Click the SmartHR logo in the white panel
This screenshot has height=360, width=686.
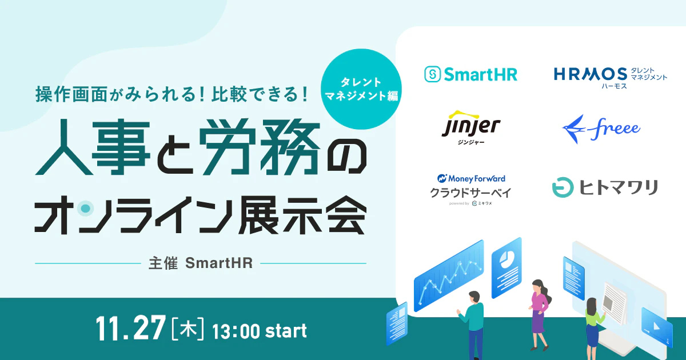(470, 74)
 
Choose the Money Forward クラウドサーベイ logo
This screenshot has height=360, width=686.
(471, 189)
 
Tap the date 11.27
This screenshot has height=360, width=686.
(131, 330)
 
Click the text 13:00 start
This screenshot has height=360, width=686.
(259, 330)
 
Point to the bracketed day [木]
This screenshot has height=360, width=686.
(188, 330)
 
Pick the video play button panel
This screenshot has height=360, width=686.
(656, 326)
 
